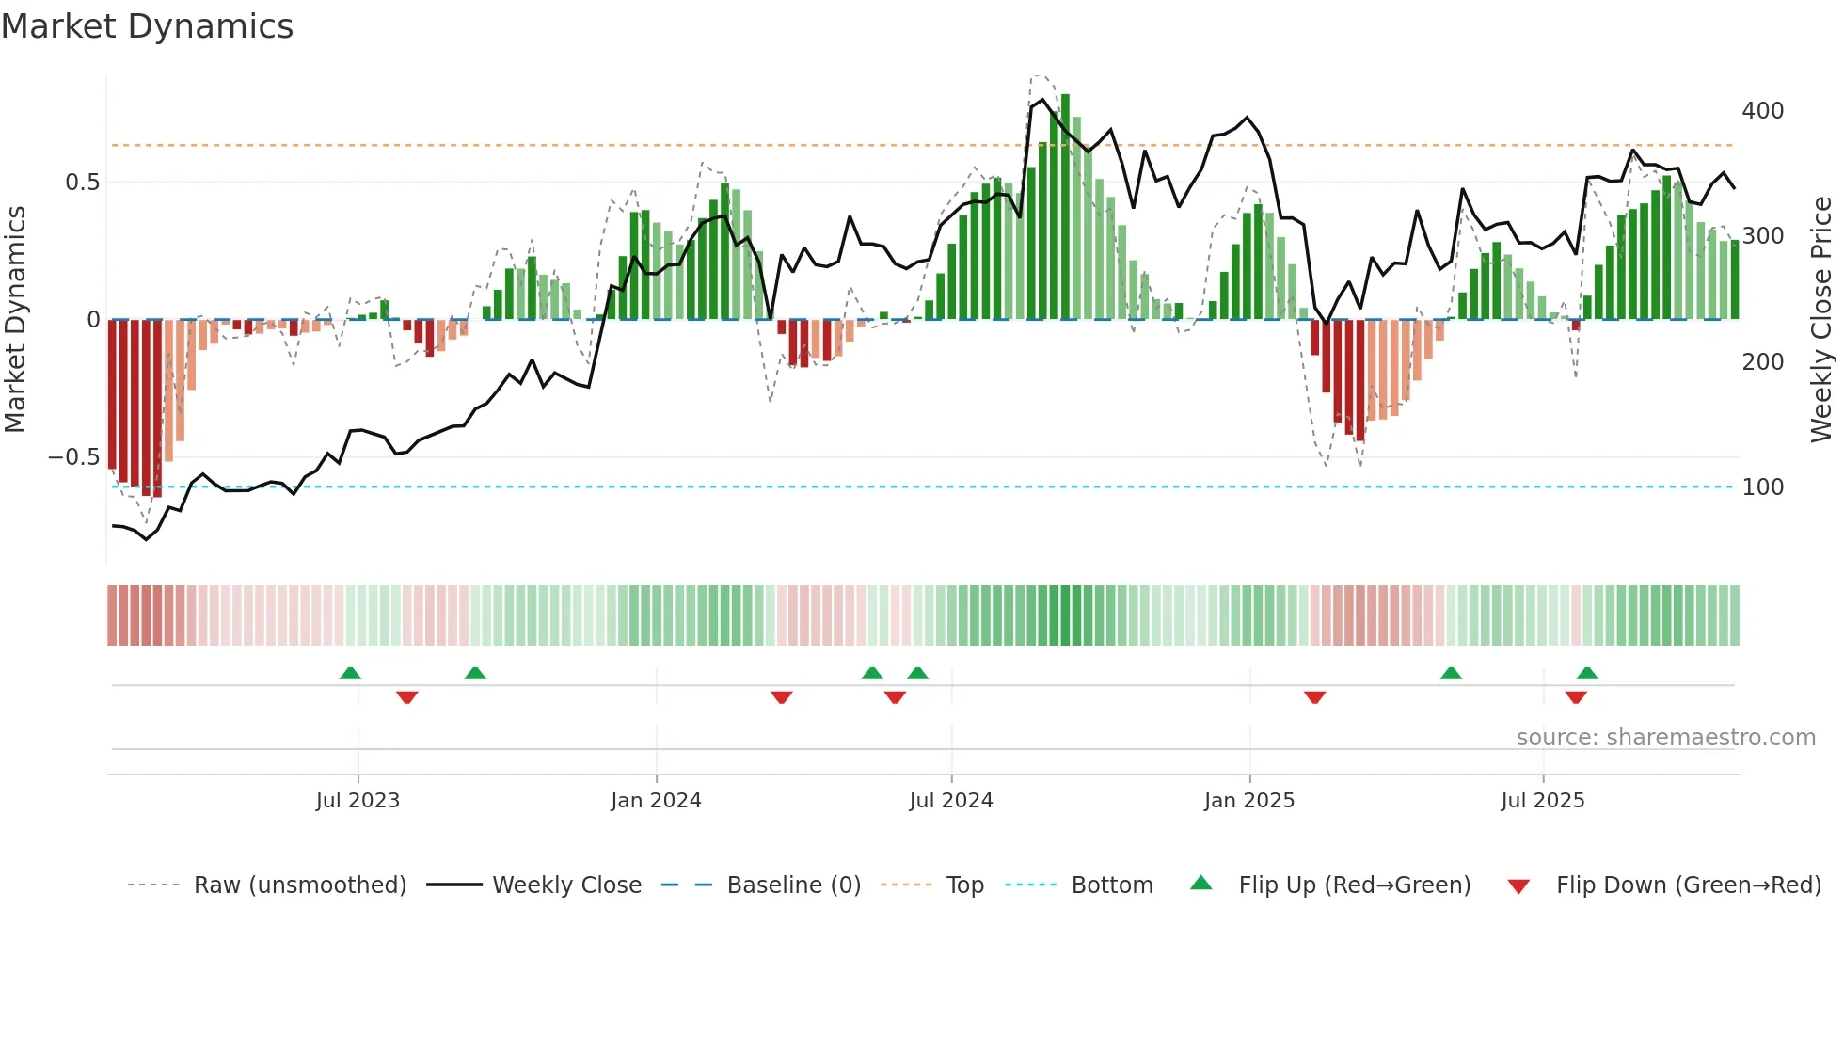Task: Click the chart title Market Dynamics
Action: [147, 26]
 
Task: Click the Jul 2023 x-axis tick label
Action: [358, 801]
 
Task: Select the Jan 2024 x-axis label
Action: [656, 801]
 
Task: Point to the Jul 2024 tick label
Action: [951, 801]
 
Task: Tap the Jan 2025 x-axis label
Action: [1249, 801]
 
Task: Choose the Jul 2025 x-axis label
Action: [1543, 801]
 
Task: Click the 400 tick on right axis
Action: [1762, 111]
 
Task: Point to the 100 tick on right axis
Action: [1762, 487]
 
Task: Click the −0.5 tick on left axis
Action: [73, 457]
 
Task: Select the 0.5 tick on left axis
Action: [82, 183]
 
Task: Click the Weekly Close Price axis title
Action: [1821, 320]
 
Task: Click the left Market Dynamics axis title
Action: [16, 320]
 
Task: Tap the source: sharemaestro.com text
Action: [1665, 738]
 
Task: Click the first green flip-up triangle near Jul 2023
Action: [350, 674]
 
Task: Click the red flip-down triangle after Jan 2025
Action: [1314, 697]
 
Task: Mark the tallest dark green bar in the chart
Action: [1065, 207]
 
